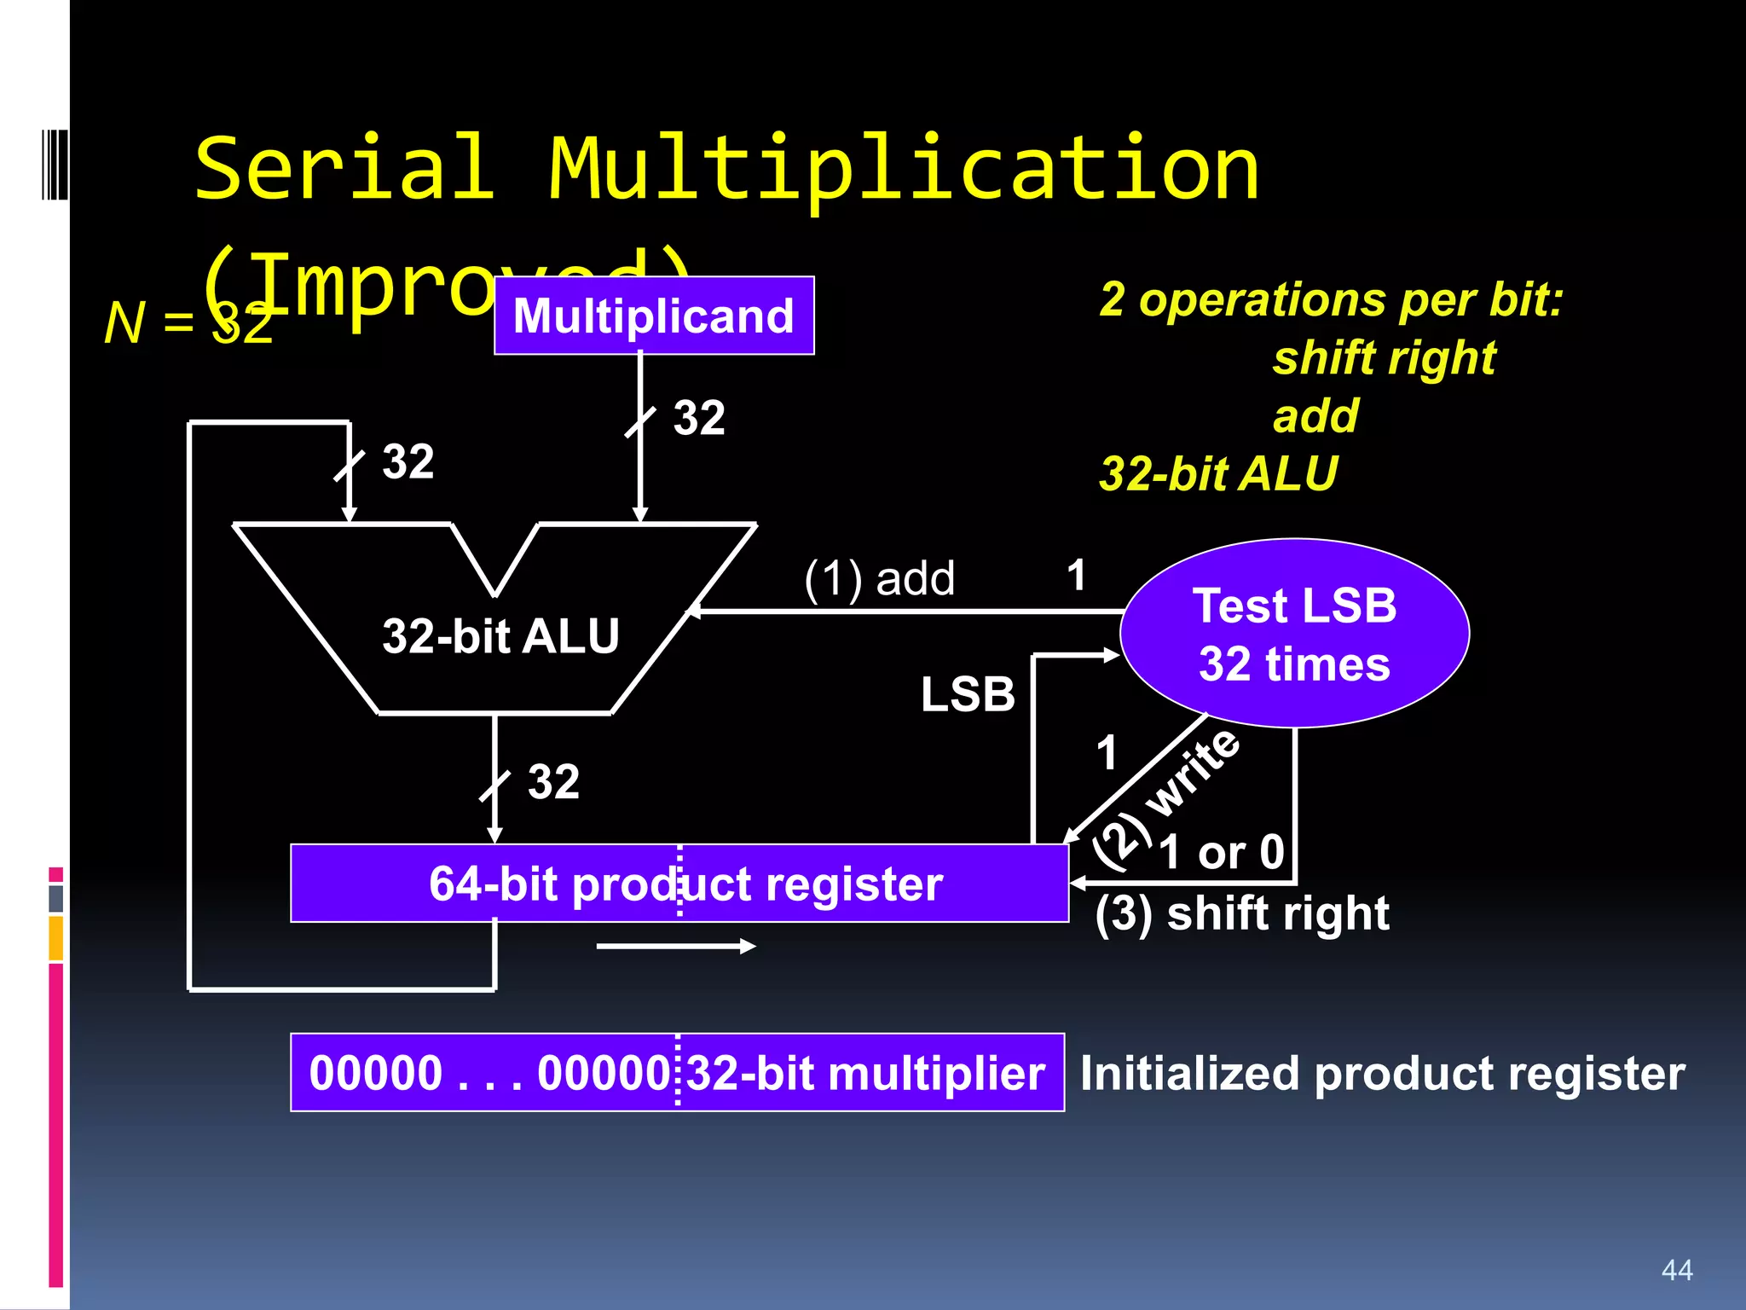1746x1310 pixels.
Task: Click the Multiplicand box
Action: click(x=654, y=316)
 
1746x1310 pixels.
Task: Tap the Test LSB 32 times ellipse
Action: click(x=1294, y=633)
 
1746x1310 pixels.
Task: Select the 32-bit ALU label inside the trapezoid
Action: click(x=500, y=636)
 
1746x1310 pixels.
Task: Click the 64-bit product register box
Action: click(x=679, y=884)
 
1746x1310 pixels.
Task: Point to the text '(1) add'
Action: click(x=879, y=578)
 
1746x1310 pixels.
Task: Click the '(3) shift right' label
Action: click(x=1241, y=914)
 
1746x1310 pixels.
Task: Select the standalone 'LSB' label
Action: click(x=968, y=694)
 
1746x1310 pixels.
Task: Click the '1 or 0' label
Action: click(x=1222, y=852)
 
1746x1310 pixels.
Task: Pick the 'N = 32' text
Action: click(x=188, y=324)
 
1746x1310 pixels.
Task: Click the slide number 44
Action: click(x=1677, y=1270)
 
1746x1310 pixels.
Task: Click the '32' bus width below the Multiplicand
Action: click(x=699, y=418)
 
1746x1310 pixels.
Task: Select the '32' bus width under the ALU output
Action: click(x=553, y=781)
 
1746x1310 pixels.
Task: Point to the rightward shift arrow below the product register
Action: click(x=675, y=946)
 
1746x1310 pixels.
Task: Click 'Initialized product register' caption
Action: click(x=1382, y=1073)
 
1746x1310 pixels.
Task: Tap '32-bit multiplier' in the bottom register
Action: click(x=865, y=1073)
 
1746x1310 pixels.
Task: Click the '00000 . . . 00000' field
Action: click(x=489, y=1073)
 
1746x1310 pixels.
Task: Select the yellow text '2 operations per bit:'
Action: click(x=1331, y=299)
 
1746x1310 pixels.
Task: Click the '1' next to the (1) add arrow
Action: click(x=1076, y=576)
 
